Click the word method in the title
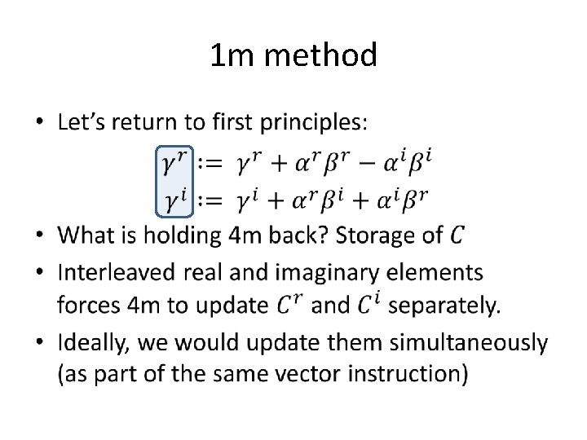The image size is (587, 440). [321, 55]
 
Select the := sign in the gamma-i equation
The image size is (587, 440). [211, 199]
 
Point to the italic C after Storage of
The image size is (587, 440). [457, 235]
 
